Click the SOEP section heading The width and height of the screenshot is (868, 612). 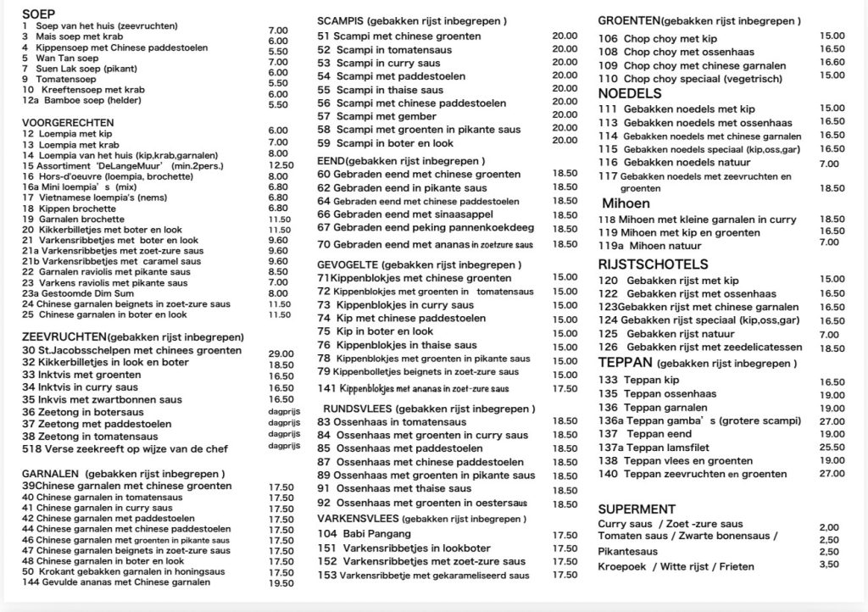coord(38,14)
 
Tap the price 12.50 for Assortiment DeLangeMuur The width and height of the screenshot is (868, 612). coord(281,165)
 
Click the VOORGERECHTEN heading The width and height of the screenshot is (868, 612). coord(68,122)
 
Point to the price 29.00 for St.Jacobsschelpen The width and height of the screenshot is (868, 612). coord(281,353)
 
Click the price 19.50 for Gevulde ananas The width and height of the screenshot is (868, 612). coord(281,582)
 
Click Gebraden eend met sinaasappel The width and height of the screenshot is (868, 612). coord(406,214)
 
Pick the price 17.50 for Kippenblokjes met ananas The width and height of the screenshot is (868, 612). coord(565,388)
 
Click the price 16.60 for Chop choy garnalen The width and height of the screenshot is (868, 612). coord(832,62)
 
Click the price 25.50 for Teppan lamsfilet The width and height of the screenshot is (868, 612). coord(832,447)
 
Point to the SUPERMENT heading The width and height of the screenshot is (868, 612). coord(636,509)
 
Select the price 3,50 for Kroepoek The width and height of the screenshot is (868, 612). coord(829,565)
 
